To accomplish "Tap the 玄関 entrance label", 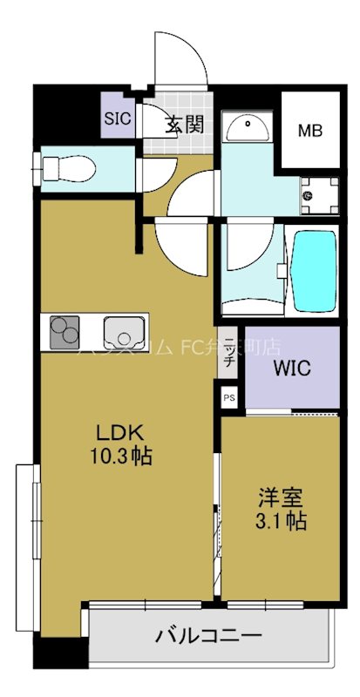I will [x=185, y=124].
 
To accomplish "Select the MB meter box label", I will [x=309, y=132].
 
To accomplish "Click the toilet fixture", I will [x=65, y=166].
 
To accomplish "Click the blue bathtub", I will [x=312, y=270].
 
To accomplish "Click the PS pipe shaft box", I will [x=229, y=398].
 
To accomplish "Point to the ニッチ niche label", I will [x=229, y=350].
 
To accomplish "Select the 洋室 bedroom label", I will [x=280, y=500].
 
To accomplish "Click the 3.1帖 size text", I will [x=281, y=523].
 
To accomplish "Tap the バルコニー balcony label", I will [x=209, y=636].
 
